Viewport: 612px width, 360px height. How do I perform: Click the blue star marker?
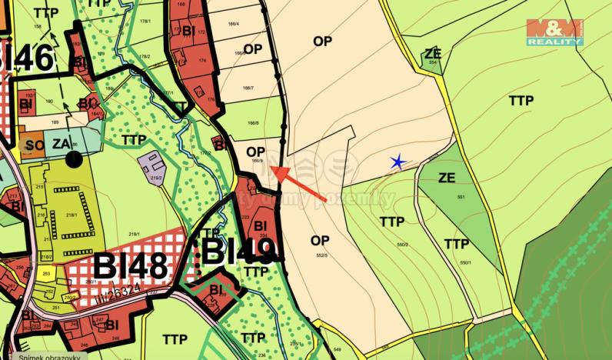click(x=397, y=162)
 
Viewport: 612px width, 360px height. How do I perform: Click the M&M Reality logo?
click(x=554, y=32)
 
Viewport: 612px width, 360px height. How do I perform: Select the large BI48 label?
click(x=130, y=266)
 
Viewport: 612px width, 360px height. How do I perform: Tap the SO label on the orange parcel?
click(x=34, y=144)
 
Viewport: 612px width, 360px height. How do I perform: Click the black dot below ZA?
click(x=74, y=159)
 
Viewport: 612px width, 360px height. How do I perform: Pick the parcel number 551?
click(x=461, y=198)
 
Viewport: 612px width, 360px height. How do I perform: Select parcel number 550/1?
click(x=465, y=262)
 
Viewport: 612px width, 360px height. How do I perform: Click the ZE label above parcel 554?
click(x=433, y=53)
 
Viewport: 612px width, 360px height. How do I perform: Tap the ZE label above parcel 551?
click(x=446, y=178)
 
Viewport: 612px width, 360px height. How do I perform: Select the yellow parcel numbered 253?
click(x=46, y=273)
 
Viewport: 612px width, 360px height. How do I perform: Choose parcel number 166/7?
click(x=248, y=88)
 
